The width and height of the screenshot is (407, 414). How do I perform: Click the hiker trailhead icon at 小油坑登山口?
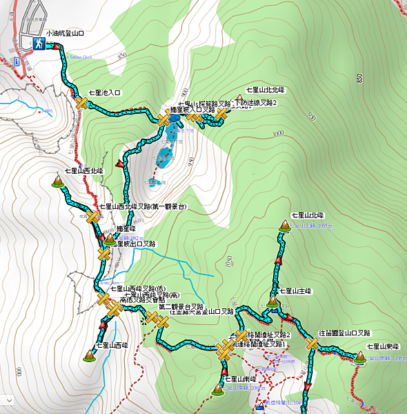pos(40,43)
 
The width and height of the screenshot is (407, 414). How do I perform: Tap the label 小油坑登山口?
pos(66,32)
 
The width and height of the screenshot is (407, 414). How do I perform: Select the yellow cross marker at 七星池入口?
pos(82,103)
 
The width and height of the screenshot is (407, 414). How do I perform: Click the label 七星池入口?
pos(104,92)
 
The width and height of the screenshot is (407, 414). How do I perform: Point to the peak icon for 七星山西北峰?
pos(57,181)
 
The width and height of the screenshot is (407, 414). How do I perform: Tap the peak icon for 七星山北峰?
pos(284,226)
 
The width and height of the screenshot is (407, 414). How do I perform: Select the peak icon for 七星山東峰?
pos(359,357)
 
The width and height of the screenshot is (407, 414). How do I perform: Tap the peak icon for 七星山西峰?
pos(89,355)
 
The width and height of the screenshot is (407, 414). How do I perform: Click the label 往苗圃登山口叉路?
pos(344,333)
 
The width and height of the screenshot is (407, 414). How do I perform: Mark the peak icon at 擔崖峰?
pos(110,239)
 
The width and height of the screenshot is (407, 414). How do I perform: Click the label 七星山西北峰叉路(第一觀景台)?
pos(142,206)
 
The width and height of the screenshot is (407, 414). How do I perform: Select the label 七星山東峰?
pos(384,346)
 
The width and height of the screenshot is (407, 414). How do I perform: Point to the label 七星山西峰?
pos(111,344)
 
